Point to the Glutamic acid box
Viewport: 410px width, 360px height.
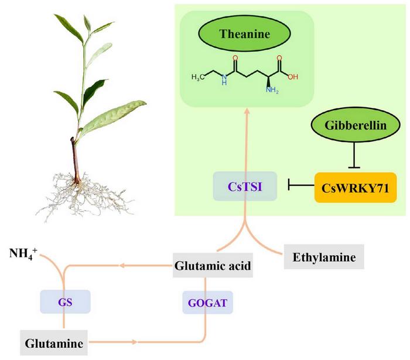(213, 267)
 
